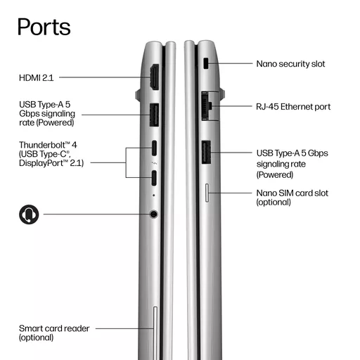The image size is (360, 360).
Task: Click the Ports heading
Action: point(44,27)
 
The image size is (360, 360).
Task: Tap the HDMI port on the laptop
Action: point(155,77)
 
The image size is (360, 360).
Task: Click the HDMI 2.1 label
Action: point(37,78)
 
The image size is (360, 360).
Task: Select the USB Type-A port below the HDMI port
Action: point(154,115)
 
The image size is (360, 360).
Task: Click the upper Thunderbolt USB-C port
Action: point(154,148)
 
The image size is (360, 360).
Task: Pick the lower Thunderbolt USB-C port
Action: point(154,178)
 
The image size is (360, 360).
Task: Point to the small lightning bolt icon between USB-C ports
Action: point(155,163)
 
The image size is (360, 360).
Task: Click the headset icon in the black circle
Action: point(29,214)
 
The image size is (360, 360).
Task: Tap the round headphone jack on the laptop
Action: point(153,214)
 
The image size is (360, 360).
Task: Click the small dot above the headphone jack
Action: point(154,195)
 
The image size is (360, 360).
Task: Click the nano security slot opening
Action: point(206,63)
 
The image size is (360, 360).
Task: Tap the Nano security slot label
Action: point(290,64)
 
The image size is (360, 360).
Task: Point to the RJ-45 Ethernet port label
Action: point(293,107)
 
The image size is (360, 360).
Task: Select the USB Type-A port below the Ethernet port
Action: point(206,153)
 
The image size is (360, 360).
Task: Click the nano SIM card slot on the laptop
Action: point(207,193)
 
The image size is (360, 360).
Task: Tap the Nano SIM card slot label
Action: point(292,198)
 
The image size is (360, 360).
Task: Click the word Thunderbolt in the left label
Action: point(44,145)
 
